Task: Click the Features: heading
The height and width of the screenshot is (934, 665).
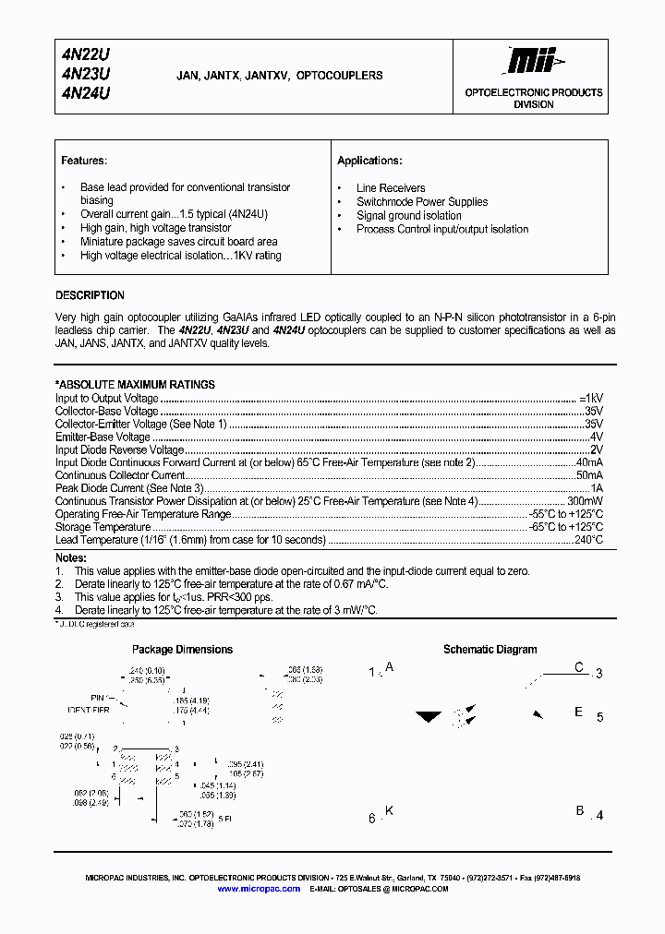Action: click(84, 161)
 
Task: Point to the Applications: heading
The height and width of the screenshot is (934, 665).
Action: click(369, 161)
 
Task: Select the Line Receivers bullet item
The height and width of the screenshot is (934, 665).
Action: click(391, 188)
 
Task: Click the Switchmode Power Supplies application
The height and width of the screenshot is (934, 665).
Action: click(422, 202)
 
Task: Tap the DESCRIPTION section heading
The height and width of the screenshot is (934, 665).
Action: click(90, 295)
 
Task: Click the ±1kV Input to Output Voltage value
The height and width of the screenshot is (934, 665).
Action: click(591, 398)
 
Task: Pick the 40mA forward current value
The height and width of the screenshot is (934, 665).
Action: click(589, 462)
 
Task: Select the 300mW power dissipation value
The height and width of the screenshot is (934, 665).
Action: click(584, 501)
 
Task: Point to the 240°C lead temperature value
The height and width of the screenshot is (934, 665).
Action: click(587, 540)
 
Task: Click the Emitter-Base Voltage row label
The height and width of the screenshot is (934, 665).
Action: click(103, 437)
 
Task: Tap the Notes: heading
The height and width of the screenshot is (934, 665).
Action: click(71, 558)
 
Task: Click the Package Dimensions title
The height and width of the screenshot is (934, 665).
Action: click(182, 650)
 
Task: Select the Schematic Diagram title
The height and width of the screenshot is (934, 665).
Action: click(490, 650)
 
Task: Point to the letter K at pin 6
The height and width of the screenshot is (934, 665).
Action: click(389, 811)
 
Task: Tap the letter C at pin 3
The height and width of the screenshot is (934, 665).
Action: click(579, 667)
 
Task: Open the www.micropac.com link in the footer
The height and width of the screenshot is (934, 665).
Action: click(259, 889)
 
